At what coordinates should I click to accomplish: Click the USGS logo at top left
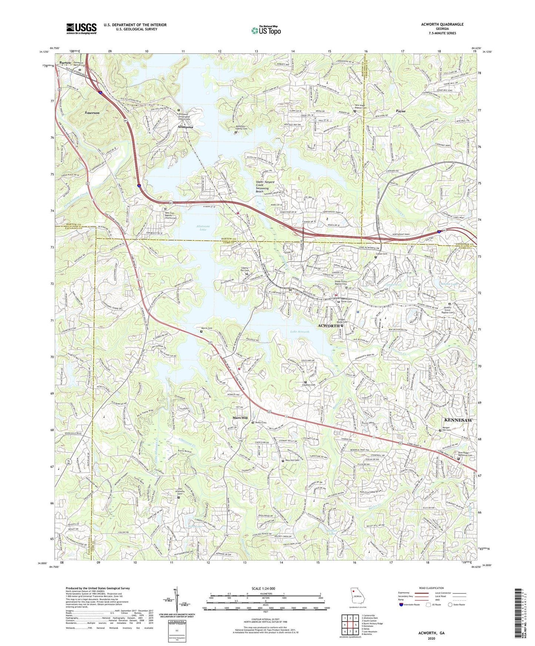point(81,28)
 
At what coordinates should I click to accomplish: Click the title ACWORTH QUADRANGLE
point(442,24)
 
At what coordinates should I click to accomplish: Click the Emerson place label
point(92,113)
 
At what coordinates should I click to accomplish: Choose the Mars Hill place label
point(240,418)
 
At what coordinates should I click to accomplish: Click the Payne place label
point(401,111)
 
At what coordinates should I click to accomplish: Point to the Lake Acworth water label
point(300,332)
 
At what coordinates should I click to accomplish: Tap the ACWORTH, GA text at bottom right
point(431,633)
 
